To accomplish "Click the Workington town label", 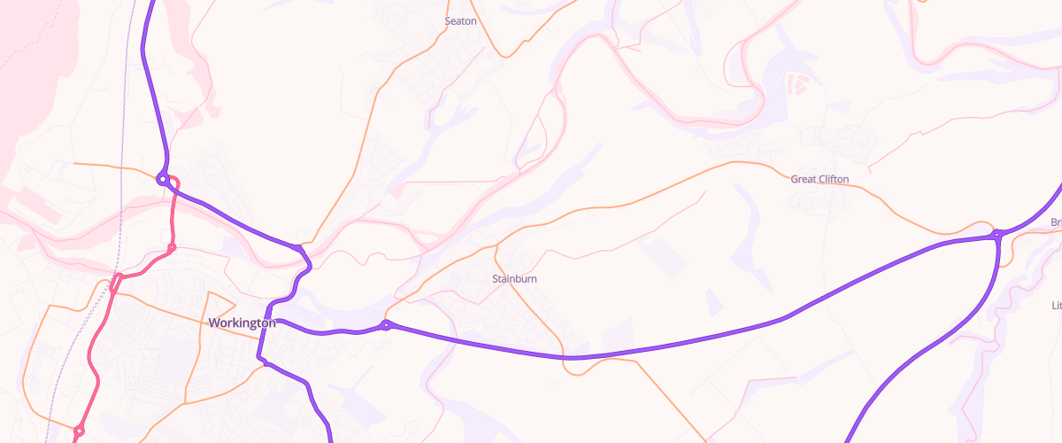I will tap(242, 323).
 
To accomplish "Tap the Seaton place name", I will tap(460, 21).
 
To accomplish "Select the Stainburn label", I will tap(514, 279).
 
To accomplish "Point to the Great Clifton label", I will tap(820, 180).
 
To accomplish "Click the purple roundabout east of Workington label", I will tap(386, 325).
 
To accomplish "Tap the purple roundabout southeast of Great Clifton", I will tap(997, 235).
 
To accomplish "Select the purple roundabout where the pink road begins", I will tap(163, 179).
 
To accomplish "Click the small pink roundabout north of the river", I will tap(172, 246).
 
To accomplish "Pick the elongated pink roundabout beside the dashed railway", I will tap(115, 283).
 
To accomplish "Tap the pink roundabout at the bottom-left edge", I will tap(79, 431).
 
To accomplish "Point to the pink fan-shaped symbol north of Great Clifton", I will tap(796, 84).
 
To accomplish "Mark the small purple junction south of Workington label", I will tap(263, 361).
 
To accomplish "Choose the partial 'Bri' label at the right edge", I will tap(1055, 222).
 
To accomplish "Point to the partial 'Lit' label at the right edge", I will tap(1056, 306).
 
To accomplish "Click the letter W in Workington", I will tap(214, 323).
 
